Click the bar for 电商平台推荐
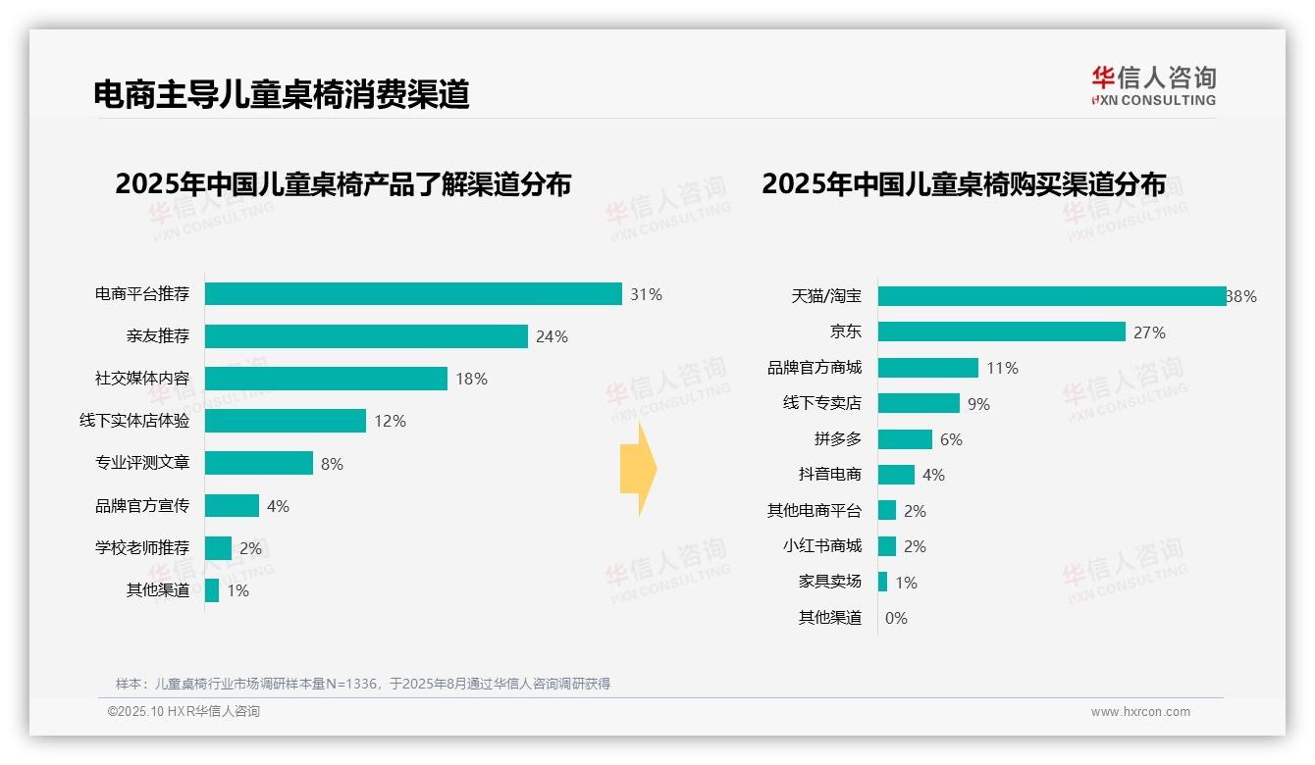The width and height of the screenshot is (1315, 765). pyautogui.click(x=413, y=294)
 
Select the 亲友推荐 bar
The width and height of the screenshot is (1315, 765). pyautogui.click(x=366, y=336)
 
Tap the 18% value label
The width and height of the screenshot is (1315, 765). pyautogui.click(x=471, y=379)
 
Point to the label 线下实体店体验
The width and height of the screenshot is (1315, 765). pyautogui.click(x=134, y=421)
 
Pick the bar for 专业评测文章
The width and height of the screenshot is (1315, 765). pyautogui.click(x=259, y=463)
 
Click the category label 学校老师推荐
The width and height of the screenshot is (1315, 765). pyautogui.click(x=142, y=547)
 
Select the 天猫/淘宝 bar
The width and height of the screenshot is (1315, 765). pyautogui.click(x=1052, y=296)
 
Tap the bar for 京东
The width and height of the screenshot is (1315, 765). pyautogui.click(x=1001, y=331)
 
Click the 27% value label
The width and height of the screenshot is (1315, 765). pyautogui.click(x=1149, y=332)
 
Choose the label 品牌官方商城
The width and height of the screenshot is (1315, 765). pyautogui.click(x=815, y=368)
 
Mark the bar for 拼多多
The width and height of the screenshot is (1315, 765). pyautogui.click(x=905, y=439)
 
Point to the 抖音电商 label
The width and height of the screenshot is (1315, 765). pyautogui.click(x=830, y=475)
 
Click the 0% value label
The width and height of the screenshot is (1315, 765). pyautogui.click(x=896, y=618)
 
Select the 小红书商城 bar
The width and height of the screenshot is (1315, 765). pyautogui.click(x=887, y=546)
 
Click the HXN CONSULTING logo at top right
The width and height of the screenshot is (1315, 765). pyautogui.click(x=1153, y=86)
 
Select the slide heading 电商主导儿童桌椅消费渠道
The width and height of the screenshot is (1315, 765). pyautogui.click(x=282, y=94)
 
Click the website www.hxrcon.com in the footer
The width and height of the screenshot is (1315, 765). pyautogui.click(x=1140, y=712)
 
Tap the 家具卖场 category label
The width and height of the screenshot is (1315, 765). pyautogui.click(x=830, y=582)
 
